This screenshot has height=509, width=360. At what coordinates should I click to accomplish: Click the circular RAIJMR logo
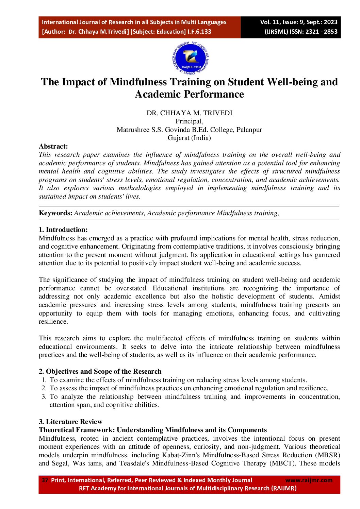point(191,58)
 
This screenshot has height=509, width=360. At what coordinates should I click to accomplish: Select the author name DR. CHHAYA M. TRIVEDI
point(189,113)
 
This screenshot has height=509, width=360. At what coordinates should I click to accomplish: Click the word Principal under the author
point(189,121)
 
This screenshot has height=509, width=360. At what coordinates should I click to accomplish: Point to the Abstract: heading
point(53,147)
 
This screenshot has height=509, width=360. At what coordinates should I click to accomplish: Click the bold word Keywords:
point(55,213)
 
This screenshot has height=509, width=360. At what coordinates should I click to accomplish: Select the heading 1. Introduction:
point(63,230)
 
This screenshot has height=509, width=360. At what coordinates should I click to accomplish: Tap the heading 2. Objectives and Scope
point(100,372)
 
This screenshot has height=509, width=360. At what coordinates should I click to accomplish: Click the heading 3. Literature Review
point(70,422)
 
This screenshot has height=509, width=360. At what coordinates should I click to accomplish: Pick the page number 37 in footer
point(45,480)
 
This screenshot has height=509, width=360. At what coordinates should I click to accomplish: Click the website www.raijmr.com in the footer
point(309,480)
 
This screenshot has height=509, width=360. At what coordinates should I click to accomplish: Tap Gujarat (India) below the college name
point(189,138)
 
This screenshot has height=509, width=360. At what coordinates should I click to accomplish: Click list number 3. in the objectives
point(44,397)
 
